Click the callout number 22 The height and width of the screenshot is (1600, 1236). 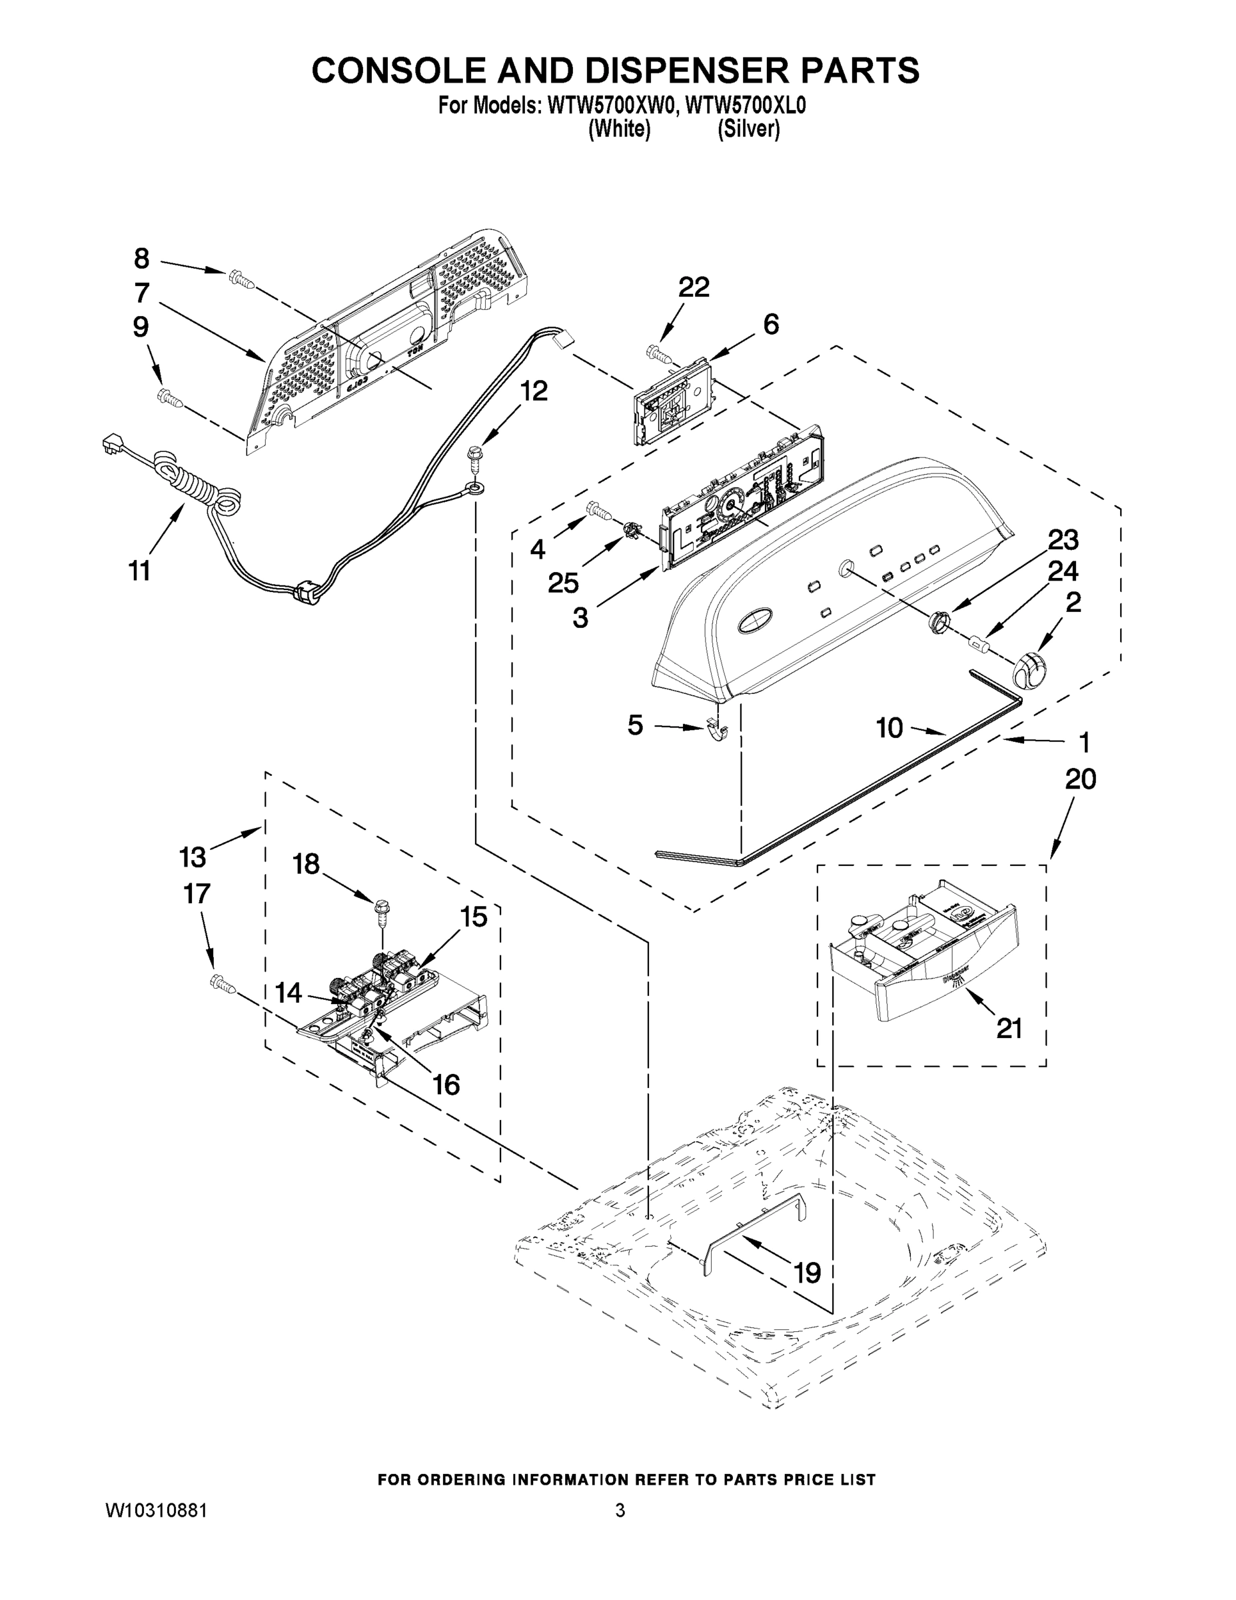[x=693, y=288]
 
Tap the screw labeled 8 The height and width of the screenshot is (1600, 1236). [x=239, y=277]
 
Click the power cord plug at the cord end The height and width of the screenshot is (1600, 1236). [x=113, y=443]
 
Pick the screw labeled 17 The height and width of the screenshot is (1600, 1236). [x=222, y=983]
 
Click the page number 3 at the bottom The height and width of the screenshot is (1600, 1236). [x=620, y=1511]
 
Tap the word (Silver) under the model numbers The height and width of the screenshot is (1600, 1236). [x=748, y=130]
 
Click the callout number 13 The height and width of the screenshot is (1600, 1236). [x=192, y=857]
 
